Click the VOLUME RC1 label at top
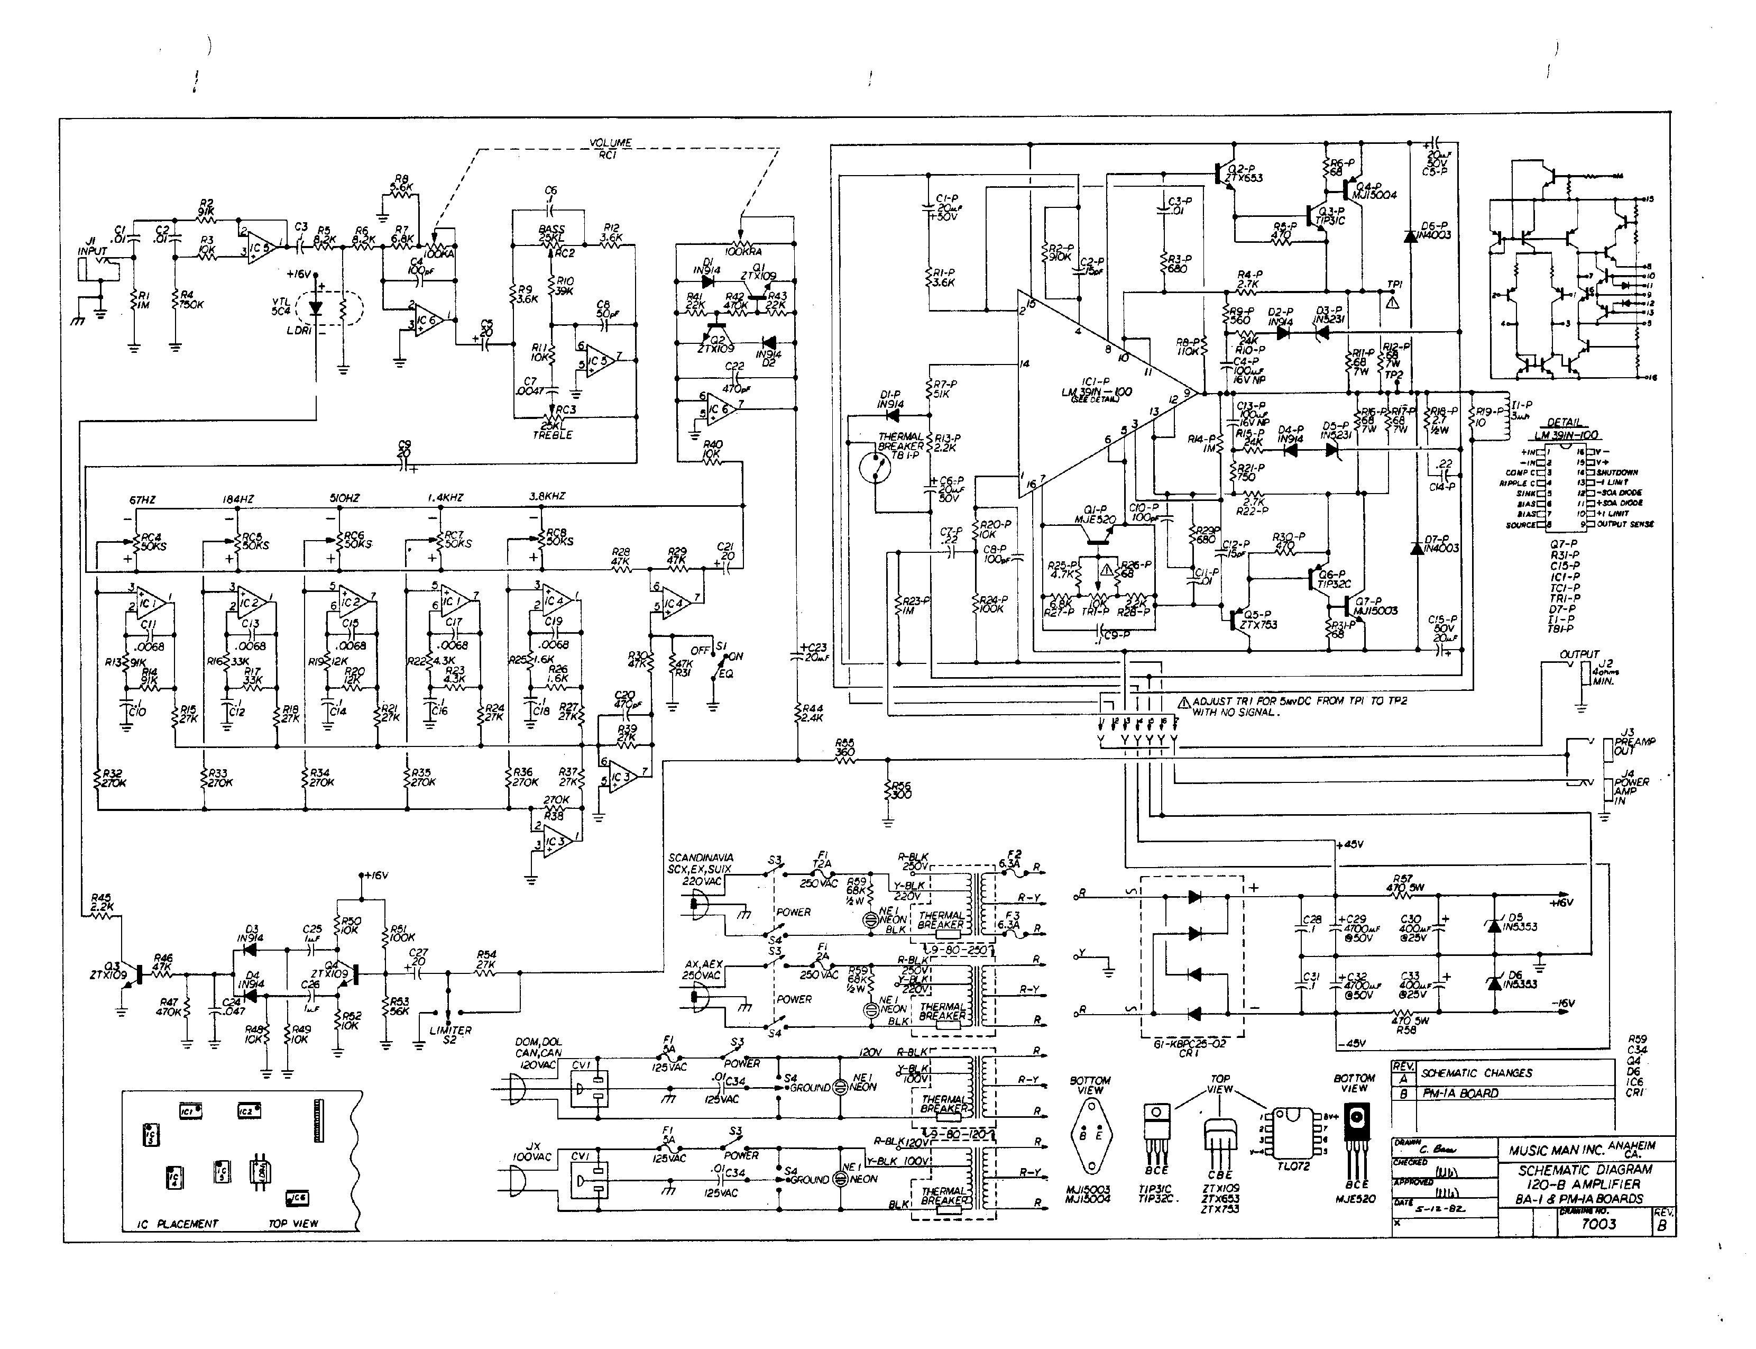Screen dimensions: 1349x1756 click(610, 149)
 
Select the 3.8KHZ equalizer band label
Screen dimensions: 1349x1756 click(547, 496)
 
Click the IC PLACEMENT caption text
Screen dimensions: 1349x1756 click(177, 1224)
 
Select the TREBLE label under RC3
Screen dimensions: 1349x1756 click(552, 434)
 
